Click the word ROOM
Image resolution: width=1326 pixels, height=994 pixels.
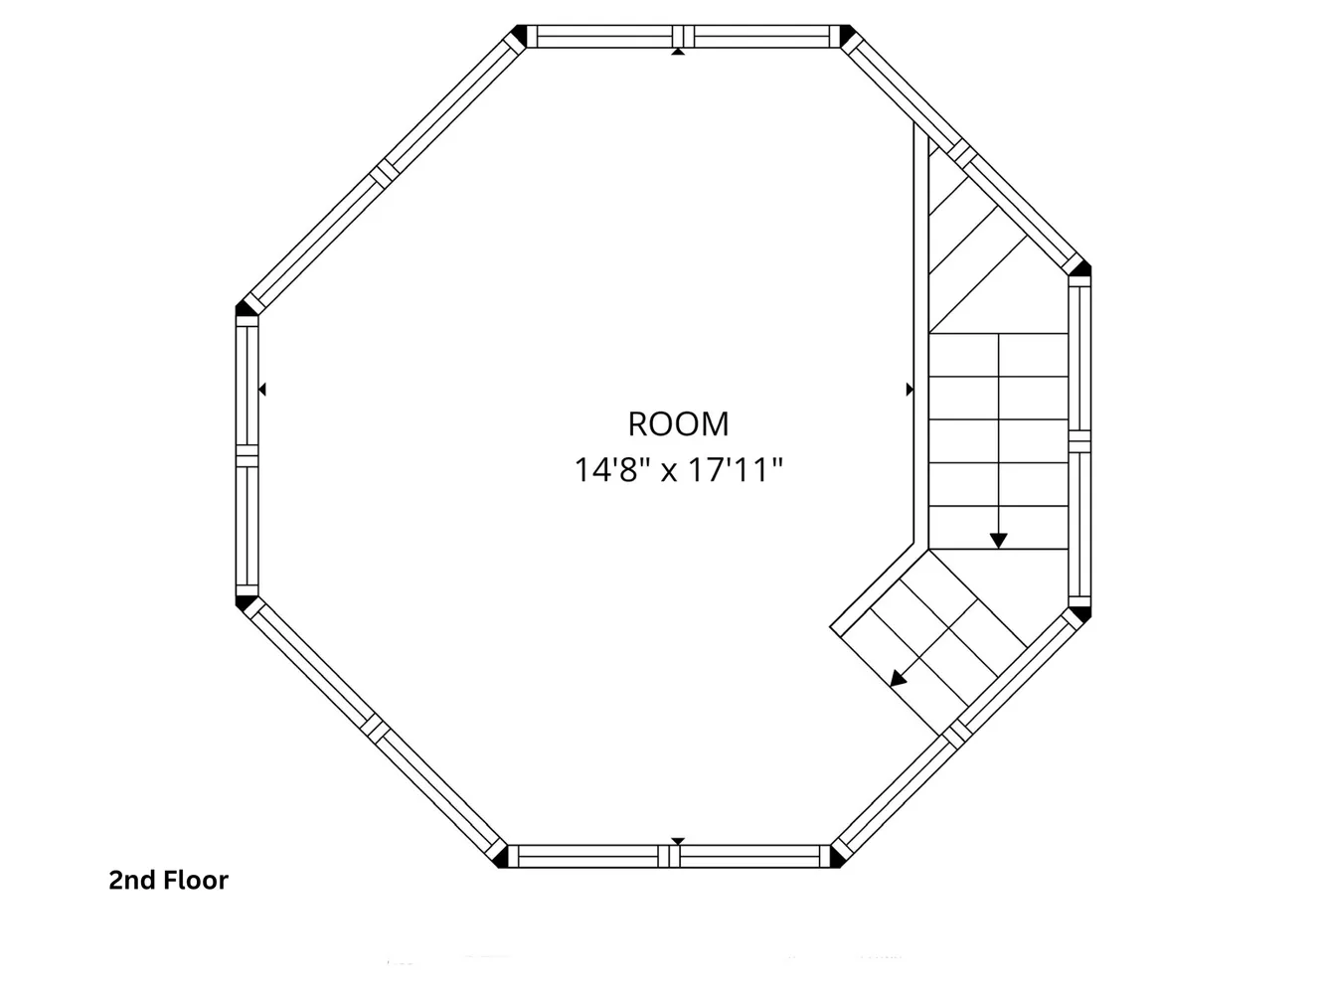pyautogui.click(x=678, y=423)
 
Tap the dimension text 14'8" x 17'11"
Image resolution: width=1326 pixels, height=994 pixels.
pyautogui.click(x=678, y=470)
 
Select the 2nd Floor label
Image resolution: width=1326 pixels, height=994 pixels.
pyautogui.click(x=169, y=880)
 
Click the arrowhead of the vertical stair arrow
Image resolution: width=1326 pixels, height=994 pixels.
pyautogui.click(x=998, y=541)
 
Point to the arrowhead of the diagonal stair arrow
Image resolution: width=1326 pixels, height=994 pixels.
pyautogui.click(x=898, y=679)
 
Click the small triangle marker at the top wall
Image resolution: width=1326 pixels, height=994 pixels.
pyautogui.click(x=678, y=52)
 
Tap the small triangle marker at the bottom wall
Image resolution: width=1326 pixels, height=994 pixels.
pyautogui.click(x=678, y=841)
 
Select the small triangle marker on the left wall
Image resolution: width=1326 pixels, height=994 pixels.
pyautogui.click(x=262, y=390)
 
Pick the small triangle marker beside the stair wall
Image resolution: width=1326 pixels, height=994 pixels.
pyautogui.click(x=910, y=390)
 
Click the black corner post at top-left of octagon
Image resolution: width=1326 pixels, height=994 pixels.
pyautogui.click(x=518, y=34)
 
